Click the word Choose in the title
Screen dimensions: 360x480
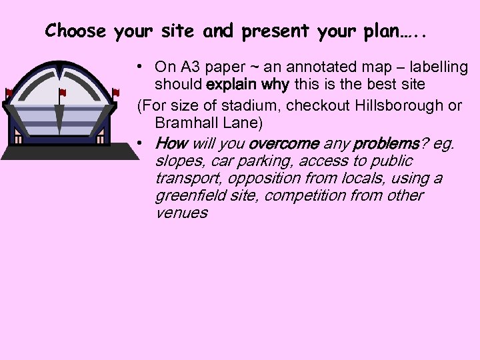click(75, 31)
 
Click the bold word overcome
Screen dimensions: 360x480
click(281, 143)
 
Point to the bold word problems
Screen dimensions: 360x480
click(385, 143)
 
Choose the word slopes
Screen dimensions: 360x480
click(178, 161)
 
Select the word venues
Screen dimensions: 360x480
click(181, 213)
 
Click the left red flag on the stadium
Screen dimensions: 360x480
click(9, 92)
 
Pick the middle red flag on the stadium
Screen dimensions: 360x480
click(63, 92)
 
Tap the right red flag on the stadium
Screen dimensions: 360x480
click(116, 92)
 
